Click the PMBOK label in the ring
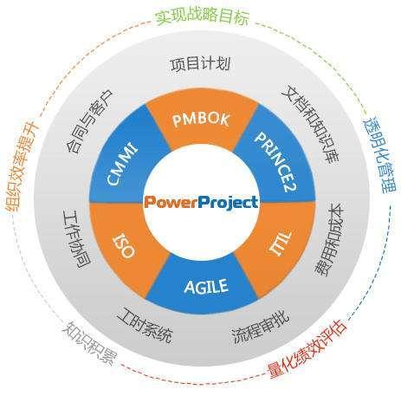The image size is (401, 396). click(x=201, y=120)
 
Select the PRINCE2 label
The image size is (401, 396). click(x=276, y=162)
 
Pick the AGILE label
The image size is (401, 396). click(x=206, y=286)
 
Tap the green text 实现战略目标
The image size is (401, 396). click(x=203, y=17)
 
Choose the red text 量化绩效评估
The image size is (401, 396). click(x=307, y=349)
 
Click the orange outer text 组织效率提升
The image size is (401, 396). click(x=22, y=166)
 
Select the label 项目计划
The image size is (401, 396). click(x=201, y=64)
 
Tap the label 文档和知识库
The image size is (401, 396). click(x=311, y=124)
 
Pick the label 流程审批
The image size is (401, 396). click(x=261, y=327)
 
